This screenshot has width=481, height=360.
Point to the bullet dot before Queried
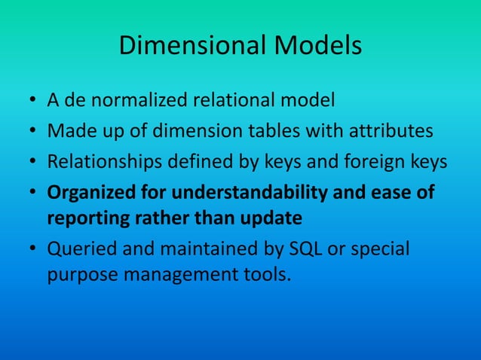33,250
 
